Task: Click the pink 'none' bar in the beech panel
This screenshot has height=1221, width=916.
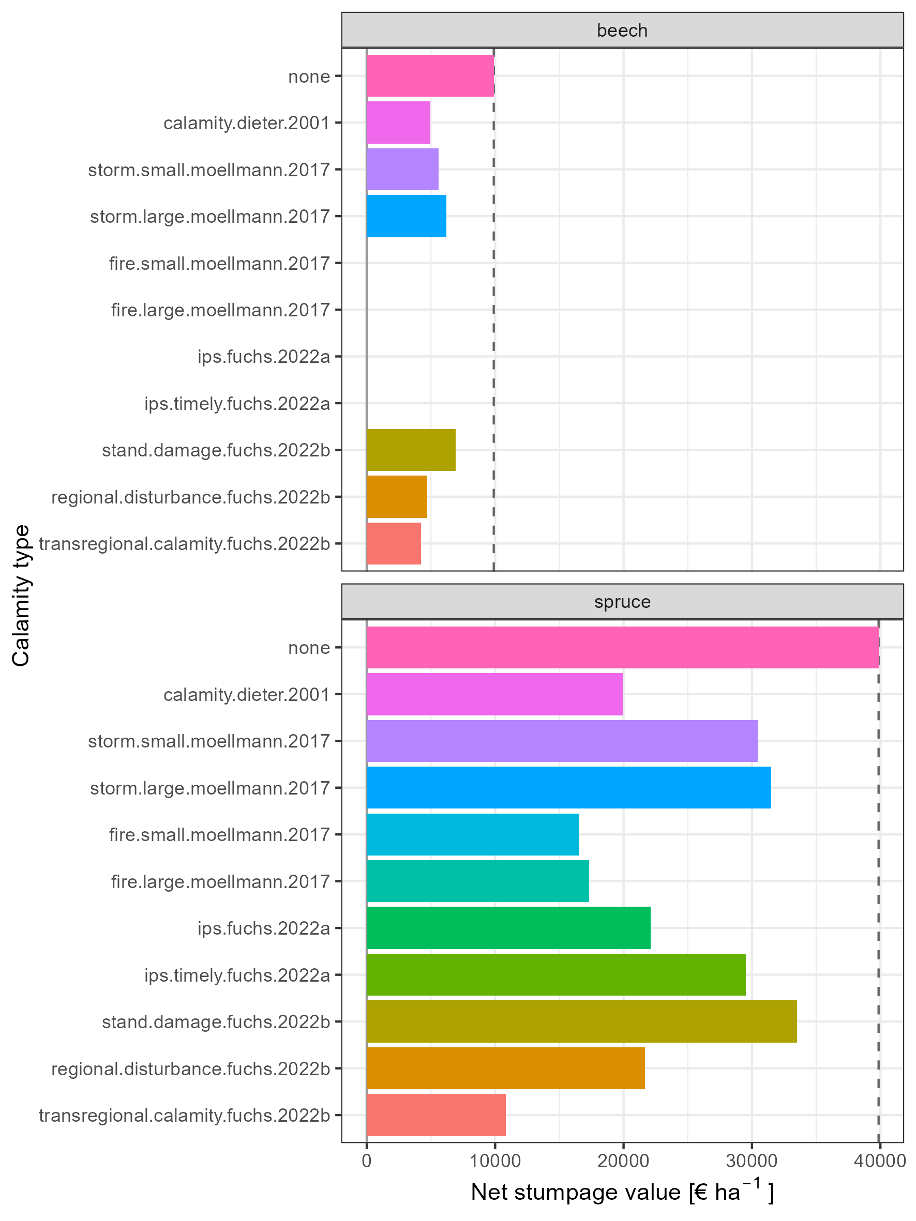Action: coord(430,75)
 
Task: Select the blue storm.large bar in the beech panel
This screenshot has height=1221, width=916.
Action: coord(406,216)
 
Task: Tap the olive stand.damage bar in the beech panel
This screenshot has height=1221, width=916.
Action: coord(410,450)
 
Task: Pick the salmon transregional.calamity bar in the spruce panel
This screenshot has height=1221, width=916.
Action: coord(436,1115)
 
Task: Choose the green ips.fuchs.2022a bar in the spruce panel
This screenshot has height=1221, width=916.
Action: coord(508,928)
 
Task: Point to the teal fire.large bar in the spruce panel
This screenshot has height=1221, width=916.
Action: coord(477,881)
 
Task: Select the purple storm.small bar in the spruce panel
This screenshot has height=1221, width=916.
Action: coord(562,741)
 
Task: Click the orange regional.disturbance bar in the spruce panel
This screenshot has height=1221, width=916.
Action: coord(505,1068)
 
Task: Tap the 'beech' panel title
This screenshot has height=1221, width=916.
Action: coord(622,30)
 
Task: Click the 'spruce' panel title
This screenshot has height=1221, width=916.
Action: coord(622,602)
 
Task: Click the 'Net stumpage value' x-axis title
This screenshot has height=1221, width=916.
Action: coord(622,1192)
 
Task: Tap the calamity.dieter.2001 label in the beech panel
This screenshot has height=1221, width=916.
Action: coord(246,123)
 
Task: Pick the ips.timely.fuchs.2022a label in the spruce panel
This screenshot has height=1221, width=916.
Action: coord(237,975)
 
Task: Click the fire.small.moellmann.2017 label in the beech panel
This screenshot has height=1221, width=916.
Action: coord(219,263)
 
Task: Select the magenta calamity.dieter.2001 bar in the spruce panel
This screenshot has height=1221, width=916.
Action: coord(494,694)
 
